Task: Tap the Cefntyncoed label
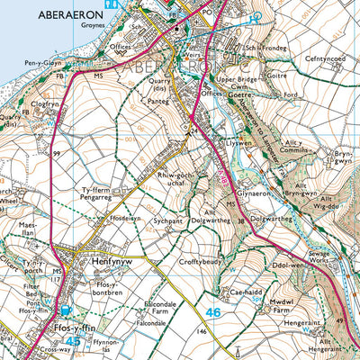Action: [327, 58]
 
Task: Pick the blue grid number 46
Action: [211, 312]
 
